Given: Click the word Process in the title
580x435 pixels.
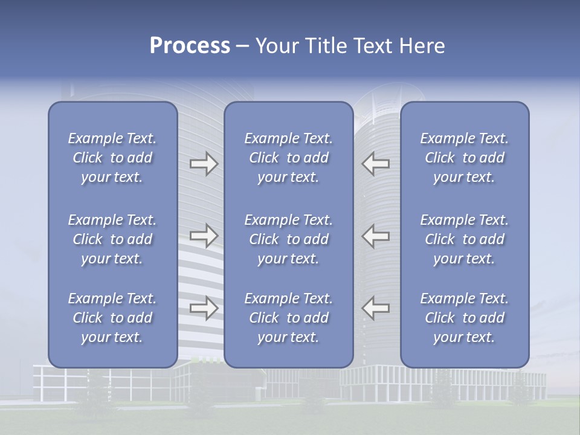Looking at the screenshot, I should (190, 46).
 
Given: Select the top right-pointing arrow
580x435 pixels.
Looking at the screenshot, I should (204, 164).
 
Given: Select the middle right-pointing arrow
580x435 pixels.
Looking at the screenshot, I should (204, 235).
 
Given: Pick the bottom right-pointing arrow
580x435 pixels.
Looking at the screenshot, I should (204, 308).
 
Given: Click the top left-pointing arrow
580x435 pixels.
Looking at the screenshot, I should (376, 164).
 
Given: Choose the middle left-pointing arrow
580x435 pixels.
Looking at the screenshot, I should (376, 235).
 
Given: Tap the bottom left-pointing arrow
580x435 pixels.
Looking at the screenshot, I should (376, 308).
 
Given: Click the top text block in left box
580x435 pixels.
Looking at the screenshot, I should (112, 158).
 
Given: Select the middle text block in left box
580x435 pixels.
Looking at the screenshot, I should (112, 239).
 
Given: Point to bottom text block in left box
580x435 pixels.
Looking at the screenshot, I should (112, 318).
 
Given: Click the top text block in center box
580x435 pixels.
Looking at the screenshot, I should (288, 158).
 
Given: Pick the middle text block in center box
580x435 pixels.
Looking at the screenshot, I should (288, 239).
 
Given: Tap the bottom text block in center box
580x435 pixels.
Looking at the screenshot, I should (288, 318).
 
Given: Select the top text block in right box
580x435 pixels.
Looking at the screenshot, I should (465, 158).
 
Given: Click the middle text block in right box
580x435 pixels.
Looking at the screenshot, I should (465, 239).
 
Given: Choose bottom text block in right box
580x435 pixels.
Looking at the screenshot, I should (465, 318).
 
